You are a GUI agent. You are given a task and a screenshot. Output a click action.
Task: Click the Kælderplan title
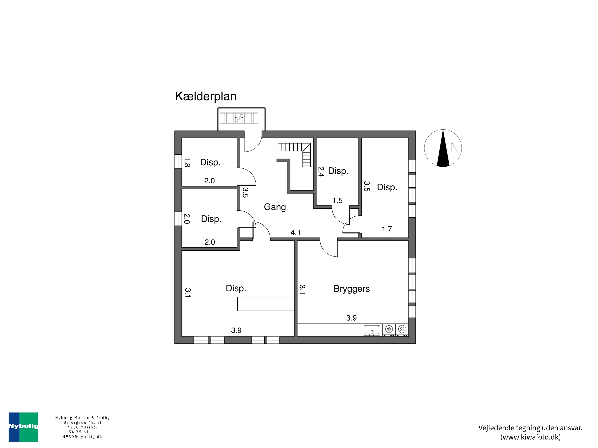pos(206,96)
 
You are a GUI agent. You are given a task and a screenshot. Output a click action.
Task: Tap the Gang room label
pos(275,207)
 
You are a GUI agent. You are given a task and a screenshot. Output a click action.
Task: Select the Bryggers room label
pos(351,289)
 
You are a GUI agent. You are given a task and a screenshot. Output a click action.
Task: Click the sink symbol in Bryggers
pos(372,330)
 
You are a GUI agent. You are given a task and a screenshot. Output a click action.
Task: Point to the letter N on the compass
pos(454,147)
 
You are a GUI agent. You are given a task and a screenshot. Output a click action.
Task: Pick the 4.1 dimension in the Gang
pos(295,233)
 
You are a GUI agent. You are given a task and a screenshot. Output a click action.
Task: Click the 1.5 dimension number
pos(337,200)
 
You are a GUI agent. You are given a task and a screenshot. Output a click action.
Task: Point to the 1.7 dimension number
pos(387,229)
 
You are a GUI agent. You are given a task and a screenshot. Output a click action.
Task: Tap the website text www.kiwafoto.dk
pos(530,437)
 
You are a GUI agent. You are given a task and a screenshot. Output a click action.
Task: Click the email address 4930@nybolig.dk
pos(83,437)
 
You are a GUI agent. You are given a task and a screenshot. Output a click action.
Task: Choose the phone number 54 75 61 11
pos(83,432)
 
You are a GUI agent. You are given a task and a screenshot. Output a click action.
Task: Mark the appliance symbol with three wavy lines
pos(402,329)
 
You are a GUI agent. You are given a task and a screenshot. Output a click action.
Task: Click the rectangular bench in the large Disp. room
pos(266,304)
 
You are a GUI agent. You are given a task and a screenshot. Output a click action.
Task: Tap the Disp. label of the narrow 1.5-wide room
pos(338,171)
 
